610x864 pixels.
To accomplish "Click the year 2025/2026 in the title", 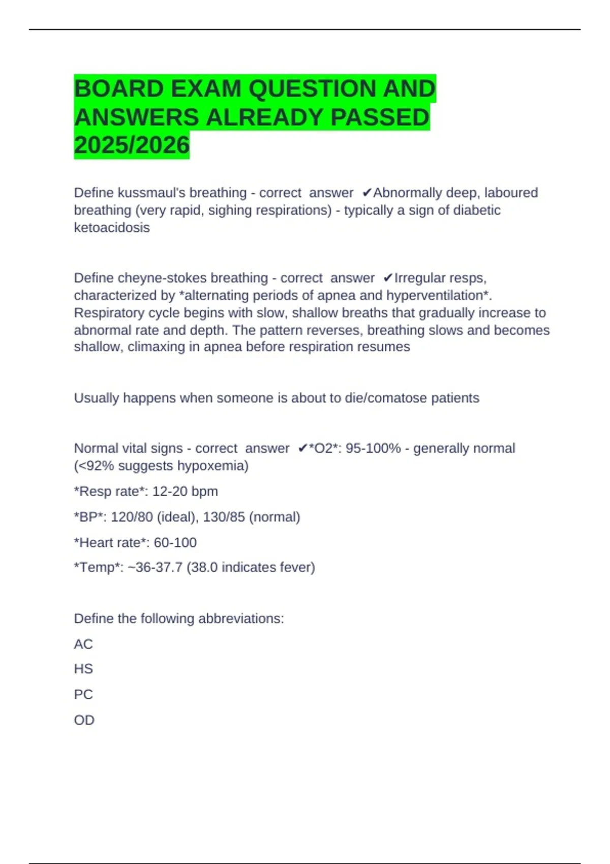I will tap(132, 145).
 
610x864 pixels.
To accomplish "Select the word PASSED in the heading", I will tap(380, 117).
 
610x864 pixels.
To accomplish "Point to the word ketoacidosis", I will tap(112, 228).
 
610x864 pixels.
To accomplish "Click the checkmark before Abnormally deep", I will tap(367, 193).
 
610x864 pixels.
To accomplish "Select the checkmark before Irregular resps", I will tap(388, 279).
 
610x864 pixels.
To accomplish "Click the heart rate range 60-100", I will tap(175, 543).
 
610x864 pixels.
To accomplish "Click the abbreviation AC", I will tap(83, 644).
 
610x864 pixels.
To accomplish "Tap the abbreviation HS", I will tap(83, 669).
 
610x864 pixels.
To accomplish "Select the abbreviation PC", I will tap(83, 695).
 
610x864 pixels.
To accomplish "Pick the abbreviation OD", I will tap(84, 720).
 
